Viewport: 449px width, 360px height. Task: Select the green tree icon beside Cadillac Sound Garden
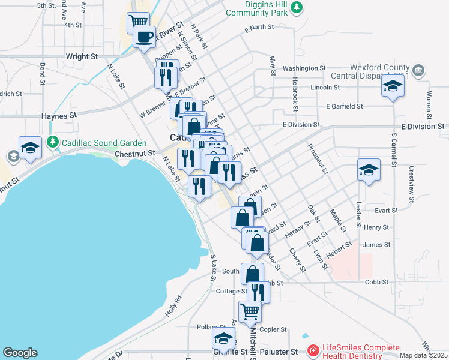pyautogui.click(x=53, y=143)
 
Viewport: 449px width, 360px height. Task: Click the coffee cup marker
pyautogui.click(x=144, y=37)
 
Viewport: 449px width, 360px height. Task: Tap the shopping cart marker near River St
pyautogui.click(x=139, y=22)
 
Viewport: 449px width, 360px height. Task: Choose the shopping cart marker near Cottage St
pyautogui.click(x=250, y=311)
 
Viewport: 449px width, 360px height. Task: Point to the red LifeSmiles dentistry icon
pyautogui.click(x=313, y=350)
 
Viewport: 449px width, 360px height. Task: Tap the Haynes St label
pyautogui.click(x=59, y=115)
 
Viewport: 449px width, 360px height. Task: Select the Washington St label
pyautogui.click(x=304, y=68)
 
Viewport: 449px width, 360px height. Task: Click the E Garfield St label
pyautogui.click(x=345, y=106)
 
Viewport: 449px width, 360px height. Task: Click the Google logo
pyautogui.click(x=20, y=353)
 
